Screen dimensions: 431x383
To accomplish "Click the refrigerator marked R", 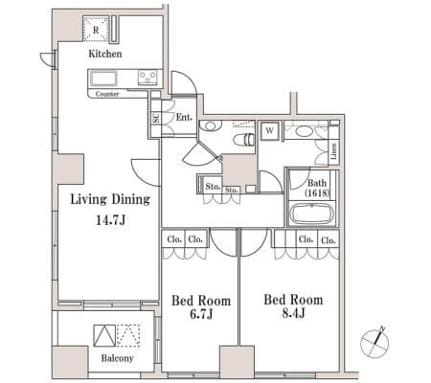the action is pyautogui.click(x=96, y=29).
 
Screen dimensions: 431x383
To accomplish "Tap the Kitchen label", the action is pyautogui.click(x=105, y=54).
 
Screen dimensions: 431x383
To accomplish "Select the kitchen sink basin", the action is pyautogui.click(x=103, y=79).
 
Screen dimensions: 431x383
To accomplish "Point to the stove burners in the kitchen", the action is pyautogui.click(x=147, y=78).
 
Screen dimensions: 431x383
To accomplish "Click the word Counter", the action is pyautogui.click(x=107, y=94).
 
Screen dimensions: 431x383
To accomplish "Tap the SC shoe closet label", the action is pyautogui.click(x=156, y=119).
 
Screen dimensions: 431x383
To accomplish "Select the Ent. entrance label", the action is pyautogui.click(x=185, y=117).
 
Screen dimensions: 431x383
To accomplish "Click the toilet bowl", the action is pyautogui.click(x=243, y=140).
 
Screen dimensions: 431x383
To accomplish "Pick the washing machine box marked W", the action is pyautogui.click(x=270, y=131).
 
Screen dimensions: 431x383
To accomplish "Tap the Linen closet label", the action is pyautogui.click(x=333, y=151).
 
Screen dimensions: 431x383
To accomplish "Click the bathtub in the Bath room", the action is pyautogui.click(x=312, y=214).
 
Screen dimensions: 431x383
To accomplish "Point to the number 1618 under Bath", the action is pyautogui.click(x=317, y=193).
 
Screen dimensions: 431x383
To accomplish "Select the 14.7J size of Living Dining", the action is pyautogui.click(x=111, y=220).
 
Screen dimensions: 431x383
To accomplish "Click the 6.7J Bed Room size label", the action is pyautogui.click(x=201, y=315).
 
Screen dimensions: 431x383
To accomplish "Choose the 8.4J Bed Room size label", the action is pyautogui.click(x=294, y=313).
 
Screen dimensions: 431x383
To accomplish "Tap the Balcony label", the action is pyautogui.click(x=117, y=358).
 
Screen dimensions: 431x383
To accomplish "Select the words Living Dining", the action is pyautogui.click(x=110, y=200).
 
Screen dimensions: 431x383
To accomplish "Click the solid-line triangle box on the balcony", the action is pyautogui.click(x=104, y=336).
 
